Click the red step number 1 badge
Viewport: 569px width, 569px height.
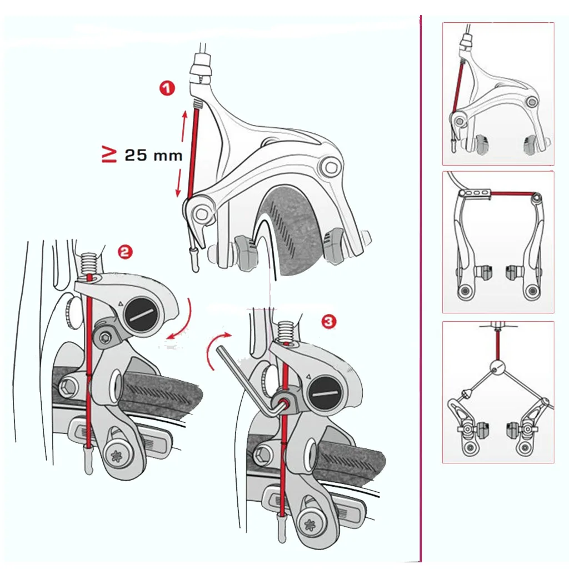167,88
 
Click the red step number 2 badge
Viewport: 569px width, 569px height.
125,252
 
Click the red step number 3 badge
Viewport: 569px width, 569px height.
329,321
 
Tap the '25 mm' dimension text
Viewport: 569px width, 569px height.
153,156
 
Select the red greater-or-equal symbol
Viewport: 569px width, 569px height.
109,155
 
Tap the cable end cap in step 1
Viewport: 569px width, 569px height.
195,261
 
